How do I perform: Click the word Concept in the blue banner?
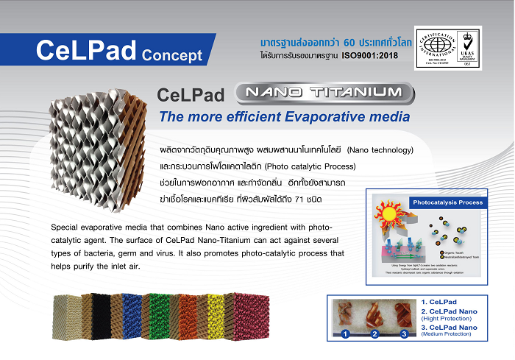coord(171,54)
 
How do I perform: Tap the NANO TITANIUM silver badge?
coord(323,93)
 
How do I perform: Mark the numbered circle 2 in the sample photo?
coord(374,334)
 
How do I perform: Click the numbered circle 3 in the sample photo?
coord(404,334)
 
